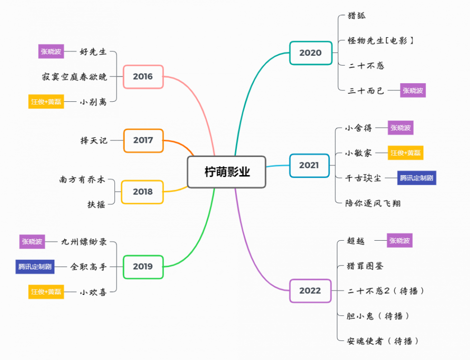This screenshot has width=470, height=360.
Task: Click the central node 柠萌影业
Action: [x=226, y=172]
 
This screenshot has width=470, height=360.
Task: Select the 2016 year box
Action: [x=143, y=76]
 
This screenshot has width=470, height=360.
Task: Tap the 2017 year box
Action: [x=143, y=140]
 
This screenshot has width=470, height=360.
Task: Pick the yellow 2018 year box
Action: [x=142, y=192]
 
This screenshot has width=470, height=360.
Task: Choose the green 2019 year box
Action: [x=142, y=267]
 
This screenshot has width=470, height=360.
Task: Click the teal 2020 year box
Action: [x=310, y=53]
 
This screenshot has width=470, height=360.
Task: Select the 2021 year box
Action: [x=309, y=165]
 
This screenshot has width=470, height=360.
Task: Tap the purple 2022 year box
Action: [x=310, y=291]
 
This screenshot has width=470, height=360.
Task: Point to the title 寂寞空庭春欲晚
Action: [x=74, y=77]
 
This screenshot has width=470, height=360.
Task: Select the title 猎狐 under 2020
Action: [x=356, y=16]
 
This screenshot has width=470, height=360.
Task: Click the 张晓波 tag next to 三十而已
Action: [x=413, y=90]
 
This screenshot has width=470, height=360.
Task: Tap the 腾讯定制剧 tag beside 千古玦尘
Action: [x=416, y=178]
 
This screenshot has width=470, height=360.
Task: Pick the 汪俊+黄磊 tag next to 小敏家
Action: [x=405, y=153]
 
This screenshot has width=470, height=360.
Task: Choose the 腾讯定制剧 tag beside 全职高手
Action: [x=35, y=267]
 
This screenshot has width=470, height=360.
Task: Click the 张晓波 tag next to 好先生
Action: [x=51, y=51]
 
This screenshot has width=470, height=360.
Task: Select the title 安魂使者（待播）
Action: [x=383, y=341]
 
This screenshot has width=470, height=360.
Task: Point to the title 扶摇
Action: [x=96, y=204]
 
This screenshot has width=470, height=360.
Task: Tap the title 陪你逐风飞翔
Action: [x=373, y=203]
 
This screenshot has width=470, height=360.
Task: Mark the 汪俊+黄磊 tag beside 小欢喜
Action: [x=46, y=292]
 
